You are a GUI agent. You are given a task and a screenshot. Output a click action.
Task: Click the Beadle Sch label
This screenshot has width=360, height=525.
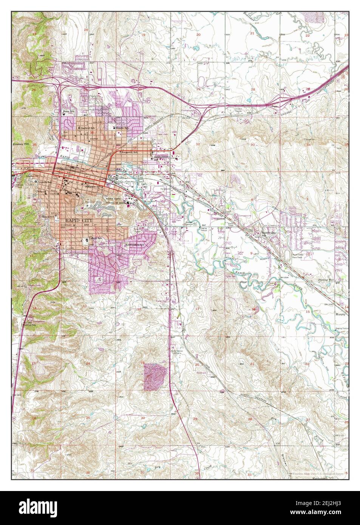pos(122,128)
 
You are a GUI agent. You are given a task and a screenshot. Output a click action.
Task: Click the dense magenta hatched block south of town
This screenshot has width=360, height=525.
pos(155,376)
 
